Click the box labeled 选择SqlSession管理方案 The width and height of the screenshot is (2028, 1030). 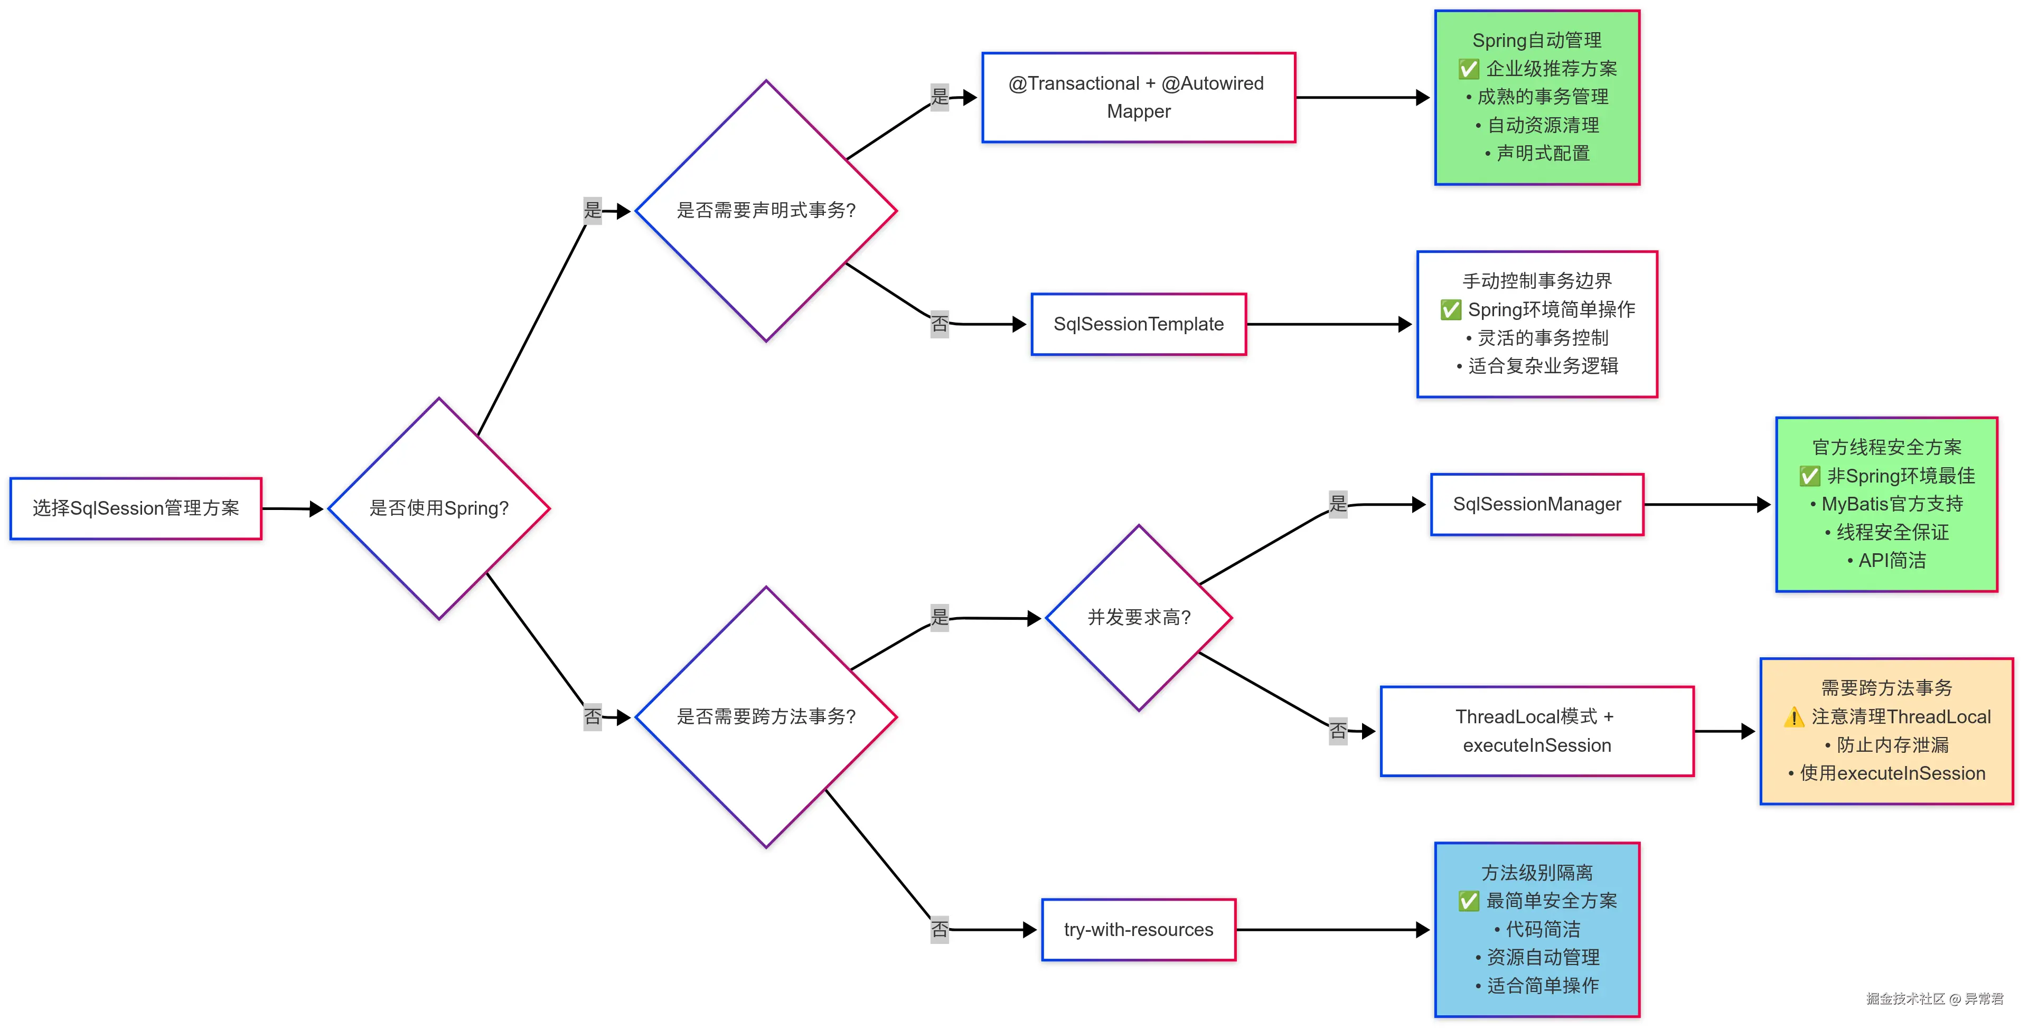coord(135,508)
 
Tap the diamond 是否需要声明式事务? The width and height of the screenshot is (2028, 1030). coord(765,211)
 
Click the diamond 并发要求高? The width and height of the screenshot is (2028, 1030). coord(1139,618)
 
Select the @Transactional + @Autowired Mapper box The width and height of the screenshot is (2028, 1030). coord(1139,98)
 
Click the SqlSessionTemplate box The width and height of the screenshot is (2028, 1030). coord(1139,324)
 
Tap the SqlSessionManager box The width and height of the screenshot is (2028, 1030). coord(1537,504)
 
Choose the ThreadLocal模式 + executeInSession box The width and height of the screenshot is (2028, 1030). coord(1537,731)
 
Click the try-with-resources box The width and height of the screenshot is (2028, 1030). coord(1139,930)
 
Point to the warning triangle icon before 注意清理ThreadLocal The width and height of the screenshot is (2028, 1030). coord(1794,717)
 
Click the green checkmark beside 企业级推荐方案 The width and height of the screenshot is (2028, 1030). coord(1468,69)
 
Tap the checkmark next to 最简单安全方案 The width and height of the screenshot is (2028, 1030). coord(1468,901)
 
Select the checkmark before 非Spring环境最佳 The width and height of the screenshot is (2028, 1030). coord(1809,476)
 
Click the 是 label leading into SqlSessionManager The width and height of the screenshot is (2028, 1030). coord(1338,504)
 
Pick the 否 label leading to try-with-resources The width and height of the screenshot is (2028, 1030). coord(939,929)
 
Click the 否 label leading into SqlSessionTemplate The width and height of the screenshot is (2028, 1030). coord(939,324)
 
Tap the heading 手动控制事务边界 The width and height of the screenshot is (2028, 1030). coord(1537,281)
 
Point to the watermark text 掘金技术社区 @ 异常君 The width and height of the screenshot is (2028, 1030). coord(1935,998)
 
